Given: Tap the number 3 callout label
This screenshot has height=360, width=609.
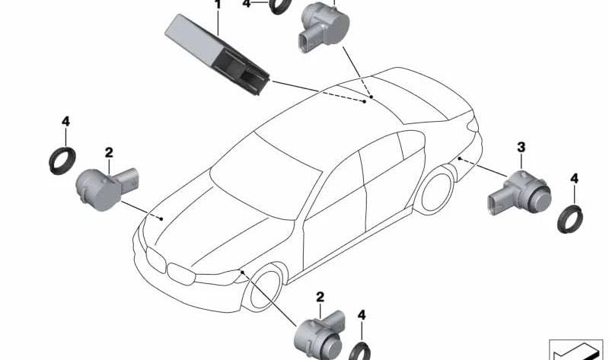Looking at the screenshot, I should pos(521,145).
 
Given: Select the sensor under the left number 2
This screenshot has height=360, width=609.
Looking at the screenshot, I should pos(103,183).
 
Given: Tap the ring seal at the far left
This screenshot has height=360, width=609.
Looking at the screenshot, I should pos(60,160).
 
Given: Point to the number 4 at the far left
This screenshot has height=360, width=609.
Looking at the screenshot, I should pos(65,122).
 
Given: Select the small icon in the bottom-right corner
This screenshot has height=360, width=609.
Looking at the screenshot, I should pos(576,348).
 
